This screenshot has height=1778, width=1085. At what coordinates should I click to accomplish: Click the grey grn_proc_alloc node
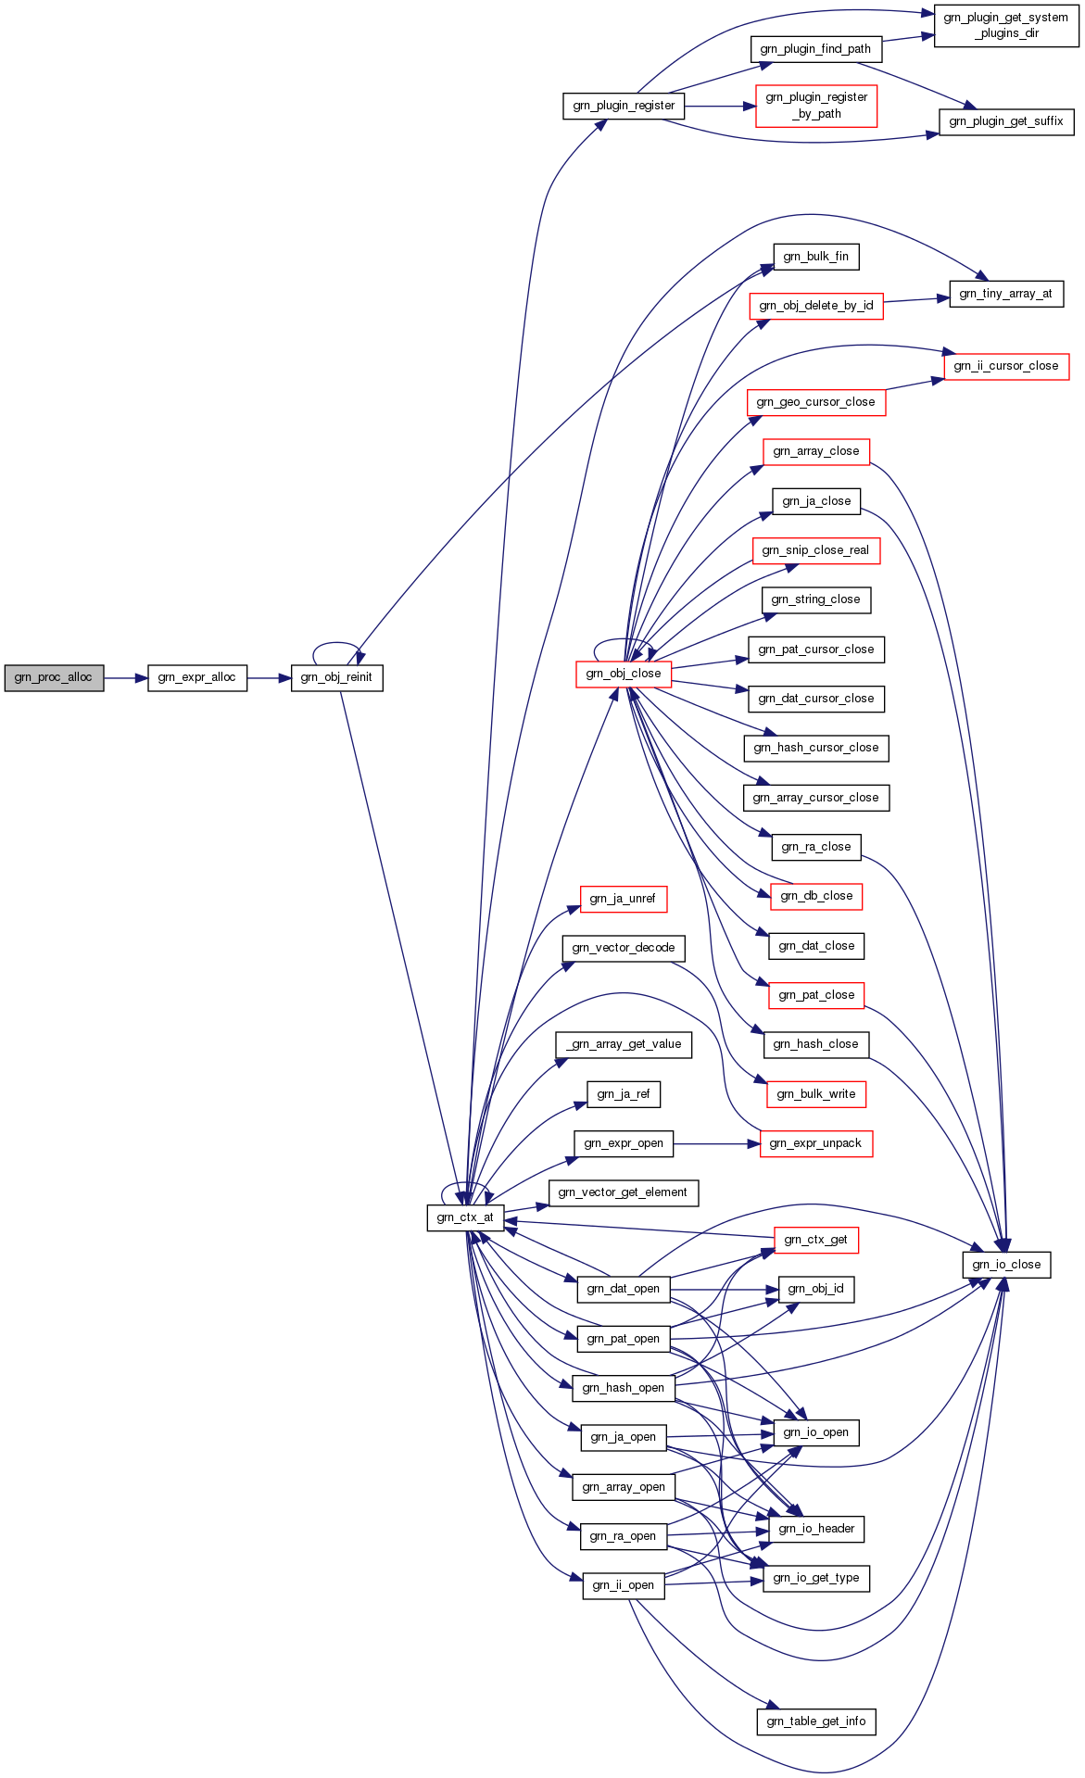pos(54,677)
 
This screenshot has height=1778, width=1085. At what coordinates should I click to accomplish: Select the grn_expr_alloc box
pos(197,677)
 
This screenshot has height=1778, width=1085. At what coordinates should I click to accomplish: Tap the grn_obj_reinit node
pos(336,677)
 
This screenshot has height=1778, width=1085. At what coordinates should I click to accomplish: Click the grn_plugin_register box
pos(624,106)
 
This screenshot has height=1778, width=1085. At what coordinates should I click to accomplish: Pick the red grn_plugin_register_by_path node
pos(816,106)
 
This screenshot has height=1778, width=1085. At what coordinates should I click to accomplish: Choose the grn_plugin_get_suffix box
pos(1006,121)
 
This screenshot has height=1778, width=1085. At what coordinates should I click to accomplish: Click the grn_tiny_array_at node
pos(1005,294)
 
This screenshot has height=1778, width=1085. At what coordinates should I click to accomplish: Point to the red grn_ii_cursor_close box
pos(1006,366)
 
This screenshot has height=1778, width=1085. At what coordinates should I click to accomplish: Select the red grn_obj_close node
pos(624,674)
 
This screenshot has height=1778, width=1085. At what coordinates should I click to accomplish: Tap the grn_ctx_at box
pos(465,1217)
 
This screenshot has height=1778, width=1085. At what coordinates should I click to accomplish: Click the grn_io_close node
pos(1006,1265)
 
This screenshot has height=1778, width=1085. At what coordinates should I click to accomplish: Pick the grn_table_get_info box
pos(816,1721)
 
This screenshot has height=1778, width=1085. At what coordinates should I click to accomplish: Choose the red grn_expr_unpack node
pos(816,1143)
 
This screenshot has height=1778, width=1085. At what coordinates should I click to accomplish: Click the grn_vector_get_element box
pos(624,1192)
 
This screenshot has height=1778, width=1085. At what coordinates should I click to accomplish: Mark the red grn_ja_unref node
pos(624,899)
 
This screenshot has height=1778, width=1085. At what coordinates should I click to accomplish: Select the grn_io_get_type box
pos(816,1578)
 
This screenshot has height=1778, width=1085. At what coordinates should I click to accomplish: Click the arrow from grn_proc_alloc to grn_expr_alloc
pos(126,677)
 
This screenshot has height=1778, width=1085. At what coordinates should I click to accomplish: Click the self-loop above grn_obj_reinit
pos(336,644)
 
